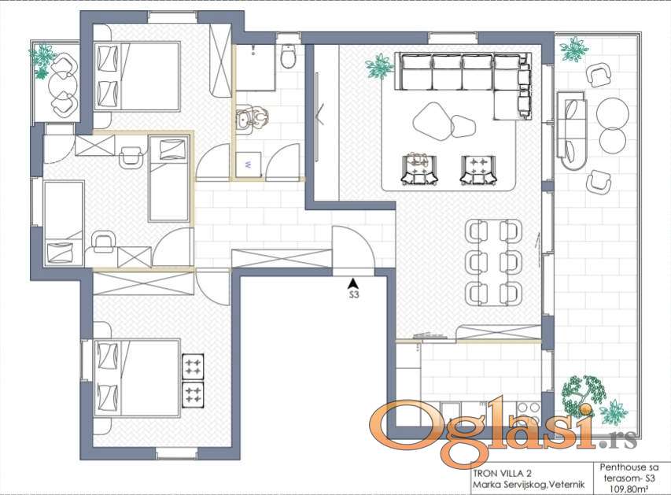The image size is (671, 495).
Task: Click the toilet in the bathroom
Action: point(287,56)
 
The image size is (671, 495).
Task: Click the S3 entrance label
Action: point(353,294)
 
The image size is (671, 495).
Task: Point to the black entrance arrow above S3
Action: point(353,283)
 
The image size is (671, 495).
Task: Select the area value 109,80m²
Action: point(629,487)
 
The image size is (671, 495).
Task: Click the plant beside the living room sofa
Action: point(379,66)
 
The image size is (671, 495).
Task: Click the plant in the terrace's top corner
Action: point(573,48)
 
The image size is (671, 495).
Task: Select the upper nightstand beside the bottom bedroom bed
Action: point(193,367)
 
